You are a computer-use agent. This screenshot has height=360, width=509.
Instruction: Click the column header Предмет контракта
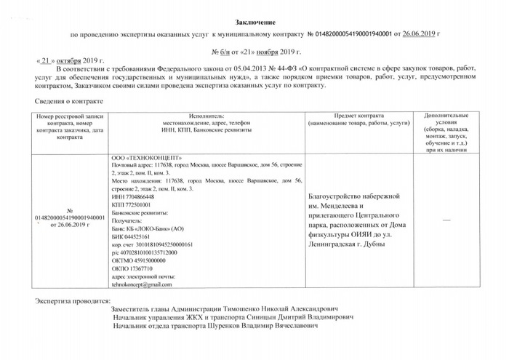pyautogui.click(x=355, y=116)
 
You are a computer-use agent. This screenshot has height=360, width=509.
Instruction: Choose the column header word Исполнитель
pyautogui.click(x=207, y=116)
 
